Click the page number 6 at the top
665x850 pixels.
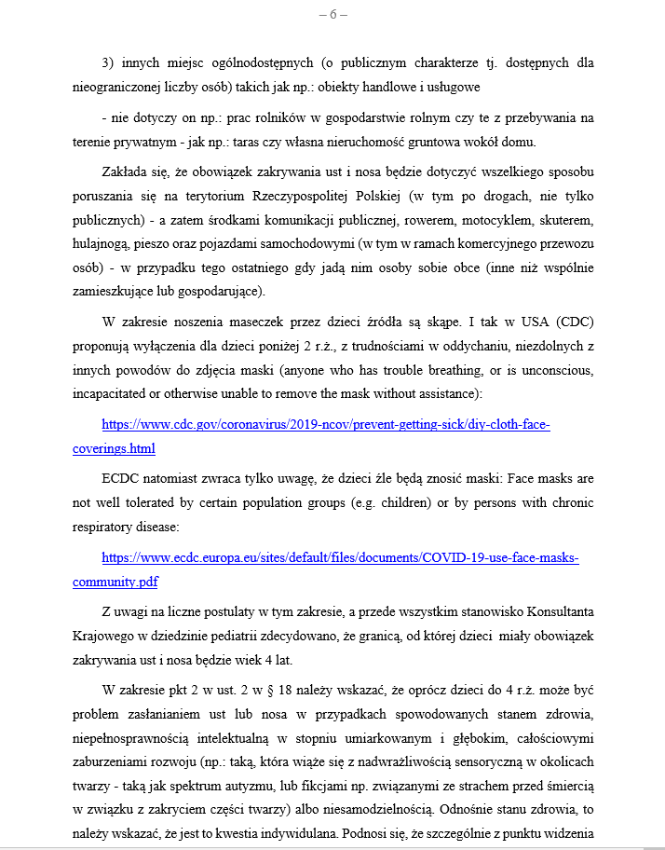pyautogui.click(x=332, y=14)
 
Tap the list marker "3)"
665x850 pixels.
pyautogui.click(x=109, y=63)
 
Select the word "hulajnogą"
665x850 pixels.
pyautogui.click(x=104, y=244)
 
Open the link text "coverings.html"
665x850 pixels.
pyautogui.click(x=114, y=448)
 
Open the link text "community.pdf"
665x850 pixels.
pyautogui.click(x=115, y=582)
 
